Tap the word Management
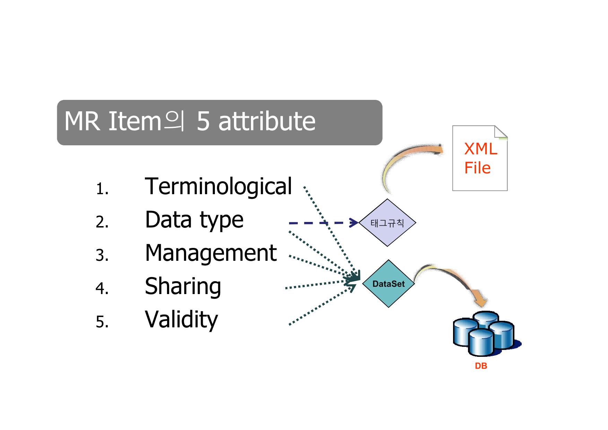click(x=211, y=253)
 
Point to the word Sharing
click(x=183, y=286)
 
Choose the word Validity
click(x=181, y=320)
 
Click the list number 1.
click(x=102, y=189)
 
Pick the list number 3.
click(x=102, y=256)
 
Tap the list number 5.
click(x=102, y=322)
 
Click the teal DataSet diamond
click(x=389, y=284)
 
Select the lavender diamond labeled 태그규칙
click(x=387, y=223)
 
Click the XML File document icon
click(x=480, y=158)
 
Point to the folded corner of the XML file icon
click(x=501, y=132)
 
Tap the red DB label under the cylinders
click(x=481, y=366)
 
